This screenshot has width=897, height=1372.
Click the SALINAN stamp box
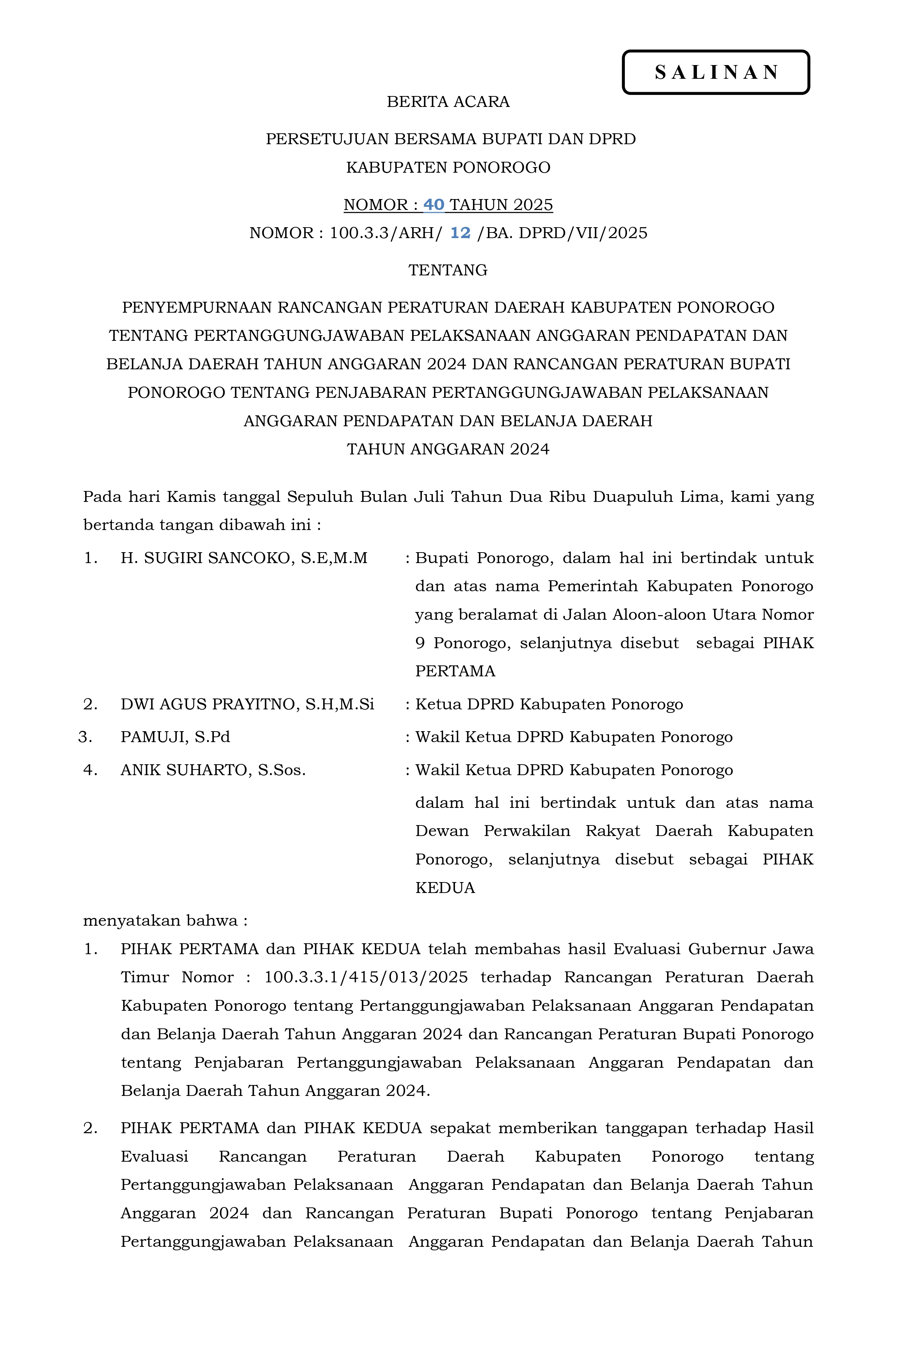[x=716, y=72]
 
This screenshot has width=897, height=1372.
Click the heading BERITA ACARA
[x=448, y=102]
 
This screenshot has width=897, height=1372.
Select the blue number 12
[x=460, y=233]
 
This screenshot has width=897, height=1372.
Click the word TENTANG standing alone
[x=448, y=270]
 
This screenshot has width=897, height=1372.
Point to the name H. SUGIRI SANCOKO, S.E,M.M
[x=244, y=558]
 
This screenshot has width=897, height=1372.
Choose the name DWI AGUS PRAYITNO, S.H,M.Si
[x=247, y=704]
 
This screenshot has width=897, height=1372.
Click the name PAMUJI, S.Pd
[x=175, y=737]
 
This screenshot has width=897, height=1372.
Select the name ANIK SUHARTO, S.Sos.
[x=213, y=770]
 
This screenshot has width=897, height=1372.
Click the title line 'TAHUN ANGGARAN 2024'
[x=448, y=449]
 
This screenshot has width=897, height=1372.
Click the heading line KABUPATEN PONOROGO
[x=448, y=168]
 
